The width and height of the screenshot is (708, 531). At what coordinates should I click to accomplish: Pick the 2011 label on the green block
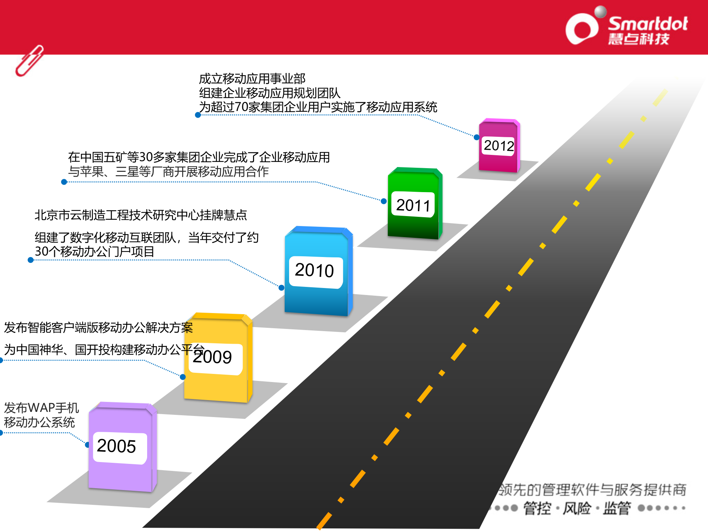[413, 205]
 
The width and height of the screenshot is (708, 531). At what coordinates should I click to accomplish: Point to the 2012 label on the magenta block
[499, 146]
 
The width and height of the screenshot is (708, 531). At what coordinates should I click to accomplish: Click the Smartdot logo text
[648, 24]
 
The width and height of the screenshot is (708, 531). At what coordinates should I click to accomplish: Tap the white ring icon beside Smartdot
[582, 29]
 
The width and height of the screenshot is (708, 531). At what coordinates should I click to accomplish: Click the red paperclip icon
[29, 61]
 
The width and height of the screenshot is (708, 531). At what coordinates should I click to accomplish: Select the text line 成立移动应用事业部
[252, 79]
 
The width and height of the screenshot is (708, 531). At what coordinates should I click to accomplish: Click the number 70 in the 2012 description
[241, 107]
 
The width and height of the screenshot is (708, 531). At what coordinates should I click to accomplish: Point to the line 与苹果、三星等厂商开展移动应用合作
[168, 172]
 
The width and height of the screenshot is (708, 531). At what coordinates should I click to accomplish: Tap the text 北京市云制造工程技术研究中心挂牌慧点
[140, 215]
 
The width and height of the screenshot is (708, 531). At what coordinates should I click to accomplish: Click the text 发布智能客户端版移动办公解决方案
[98, 327]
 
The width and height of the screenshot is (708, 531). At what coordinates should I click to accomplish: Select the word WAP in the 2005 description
[41, 408]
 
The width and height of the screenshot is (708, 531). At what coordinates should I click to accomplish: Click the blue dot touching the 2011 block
[383, 201]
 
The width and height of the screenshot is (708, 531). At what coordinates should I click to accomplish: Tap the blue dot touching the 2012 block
[476, 137]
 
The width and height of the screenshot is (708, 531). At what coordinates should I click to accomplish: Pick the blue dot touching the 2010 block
[281, 288]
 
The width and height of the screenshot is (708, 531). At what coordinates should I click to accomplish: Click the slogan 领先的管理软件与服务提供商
[592, 490]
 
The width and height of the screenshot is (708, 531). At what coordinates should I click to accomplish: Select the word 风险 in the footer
[577, 509]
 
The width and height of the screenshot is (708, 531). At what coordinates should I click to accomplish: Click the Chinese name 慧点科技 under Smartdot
[639, 39]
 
